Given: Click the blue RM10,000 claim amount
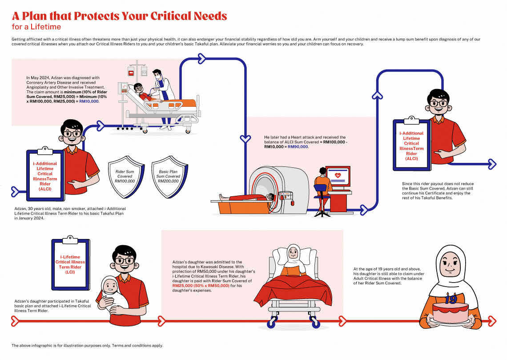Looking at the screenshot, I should pos(89,101).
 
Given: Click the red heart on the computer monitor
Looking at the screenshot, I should pos(338,175).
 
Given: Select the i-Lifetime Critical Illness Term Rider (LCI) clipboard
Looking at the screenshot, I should pos(70,264).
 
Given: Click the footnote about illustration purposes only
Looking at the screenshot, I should pos(87,345).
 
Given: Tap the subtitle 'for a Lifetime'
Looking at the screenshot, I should pos(36,27).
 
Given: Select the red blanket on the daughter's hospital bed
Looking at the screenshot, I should pos(294,289).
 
